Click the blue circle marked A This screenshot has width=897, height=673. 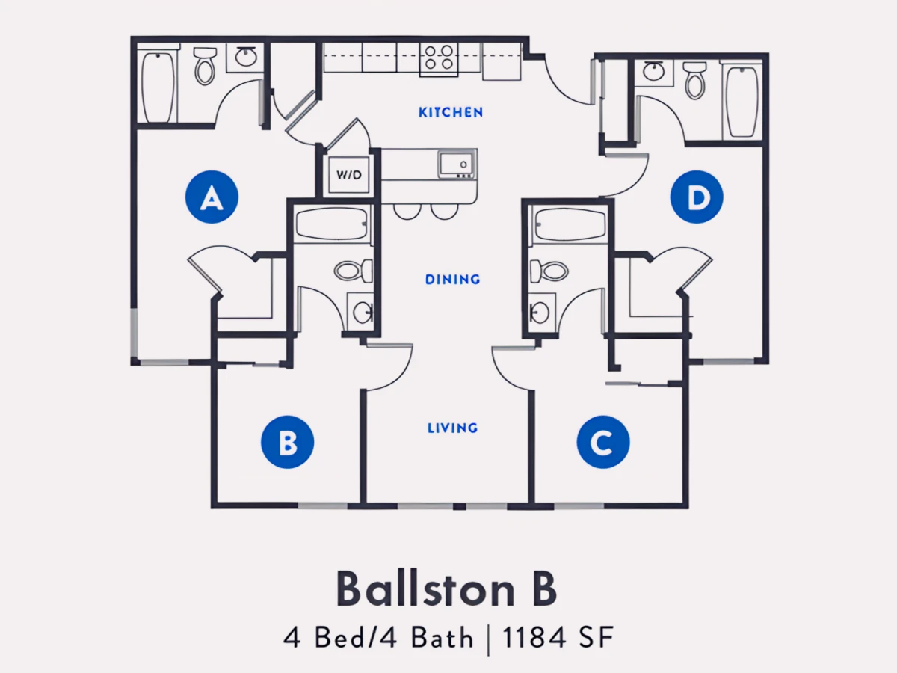point(212,197)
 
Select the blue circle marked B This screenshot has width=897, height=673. point(288,442)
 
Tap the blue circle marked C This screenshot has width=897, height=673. point(603,442)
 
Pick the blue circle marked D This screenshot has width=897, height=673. point(697,197)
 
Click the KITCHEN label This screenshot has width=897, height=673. point(451,112)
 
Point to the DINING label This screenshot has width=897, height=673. point(453,280)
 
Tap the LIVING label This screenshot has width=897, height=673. point(453,428)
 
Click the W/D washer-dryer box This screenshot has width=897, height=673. point(349,175)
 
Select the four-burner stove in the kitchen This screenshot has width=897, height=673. point(439,60)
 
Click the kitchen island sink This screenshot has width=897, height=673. point(457,164)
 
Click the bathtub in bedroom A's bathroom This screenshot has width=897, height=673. point(157,87)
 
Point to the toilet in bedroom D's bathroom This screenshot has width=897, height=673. point(694,80)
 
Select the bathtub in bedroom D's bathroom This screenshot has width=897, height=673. point(742,102)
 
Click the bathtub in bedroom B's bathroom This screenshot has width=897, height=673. point(332,224)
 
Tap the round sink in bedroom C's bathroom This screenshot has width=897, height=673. point(540,313)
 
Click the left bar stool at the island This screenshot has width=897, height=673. point(407,212)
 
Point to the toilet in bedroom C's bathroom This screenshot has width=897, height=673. point(549,271)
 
